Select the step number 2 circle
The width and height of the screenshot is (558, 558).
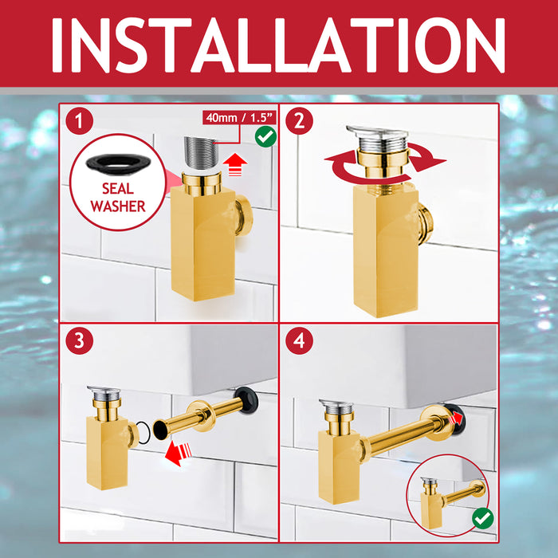pos(299,122)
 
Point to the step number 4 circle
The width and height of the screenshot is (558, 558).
pos(299,341)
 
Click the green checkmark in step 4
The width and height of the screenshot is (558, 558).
pos(482,518)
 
